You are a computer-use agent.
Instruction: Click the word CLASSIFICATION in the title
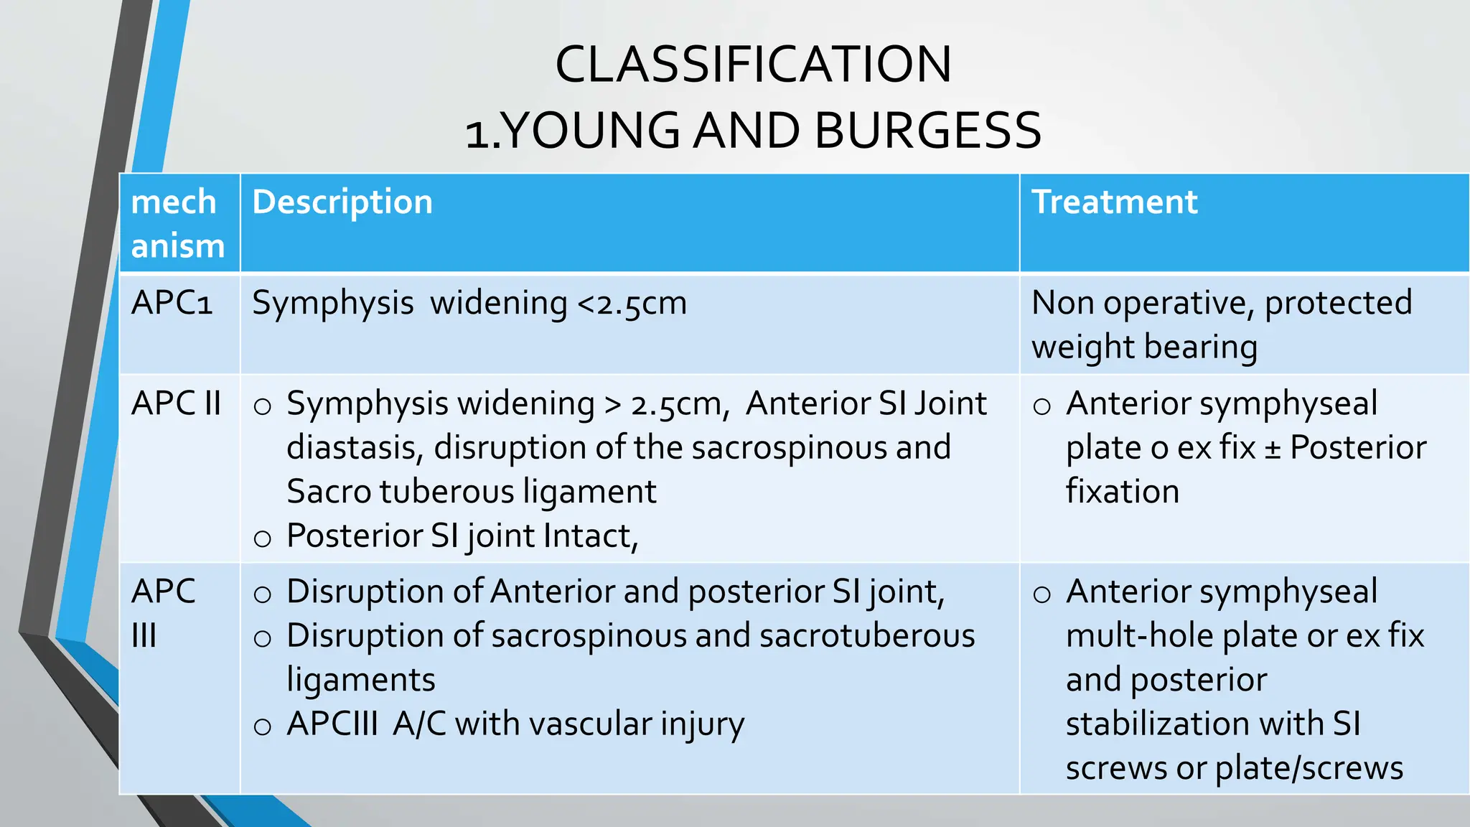[753, 65]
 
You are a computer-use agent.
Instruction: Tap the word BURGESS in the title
[927, 131]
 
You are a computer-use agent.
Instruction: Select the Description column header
[342, 202]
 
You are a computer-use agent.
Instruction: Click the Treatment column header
[1114, 202]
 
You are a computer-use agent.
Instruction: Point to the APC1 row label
[172, 303]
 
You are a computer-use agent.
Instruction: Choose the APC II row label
[176, 403]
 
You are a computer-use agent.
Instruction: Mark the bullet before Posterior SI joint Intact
[263, 538]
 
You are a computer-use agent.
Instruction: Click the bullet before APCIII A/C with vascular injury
[263, 726]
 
